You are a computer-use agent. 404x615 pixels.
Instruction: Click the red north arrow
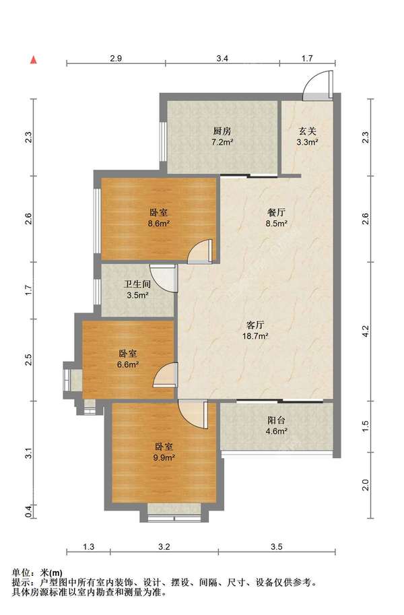pyautogui.click(x=34, y=60)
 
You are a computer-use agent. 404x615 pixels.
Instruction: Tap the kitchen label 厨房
pyautogui.click(x=222, y=131)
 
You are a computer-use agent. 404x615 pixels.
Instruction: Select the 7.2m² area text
pyautogui.click(x=222, y=142)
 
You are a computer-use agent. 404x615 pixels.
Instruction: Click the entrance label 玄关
pyautogui.click(x=307, y=131)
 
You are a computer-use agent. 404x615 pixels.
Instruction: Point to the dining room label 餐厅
pyautogui.click(x=276, y=213)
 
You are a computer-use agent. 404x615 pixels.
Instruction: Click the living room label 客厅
pyautogui.click(x=255, y=325)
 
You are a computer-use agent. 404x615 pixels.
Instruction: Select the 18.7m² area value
pyautogui.click(x=255, y=335)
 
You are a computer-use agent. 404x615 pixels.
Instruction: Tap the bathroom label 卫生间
pyautogui.click(x=137, y=284)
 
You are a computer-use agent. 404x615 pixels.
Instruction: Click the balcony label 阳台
pyautogui.click(x=276, y=420)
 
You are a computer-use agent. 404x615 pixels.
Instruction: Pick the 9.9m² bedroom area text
pyautogui.click(x=164, y=457)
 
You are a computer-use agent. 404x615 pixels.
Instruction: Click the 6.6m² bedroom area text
pyautogui.click(x=128, y=364)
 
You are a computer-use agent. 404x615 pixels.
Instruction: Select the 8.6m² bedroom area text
pyautogui.click(x=158, y=224)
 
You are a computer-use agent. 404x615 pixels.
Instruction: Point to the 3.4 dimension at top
pyautogui.click(x=222, y=59)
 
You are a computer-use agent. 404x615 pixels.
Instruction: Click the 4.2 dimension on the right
pyautogui.click(x=365, y=331)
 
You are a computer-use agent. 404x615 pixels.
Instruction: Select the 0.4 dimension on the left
pyautogui.click(x=28, y=511)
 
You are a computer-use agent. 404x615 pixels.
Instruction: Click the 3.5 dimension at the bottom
pyautogui.click(x=277, y=546)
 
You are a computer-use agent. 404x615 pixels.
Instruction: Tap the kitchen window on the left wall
pyautogui.click(x=162, y=141)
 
